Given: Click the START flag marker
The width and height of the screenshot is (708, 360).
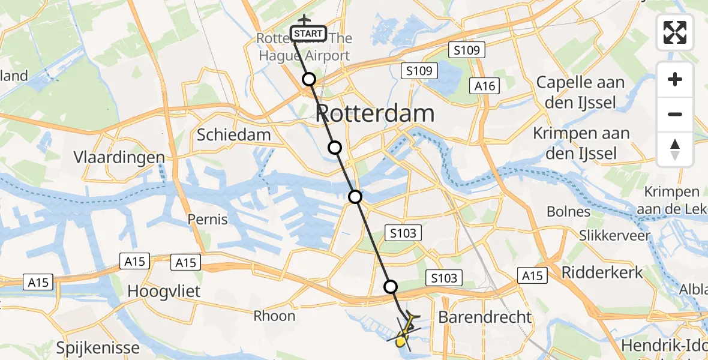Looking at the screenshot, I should pyautogui.click(x=309, y=34).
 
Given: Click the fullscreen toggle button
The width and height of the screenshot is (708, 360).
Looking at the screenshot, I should pyautogui.click(x=675, y=32).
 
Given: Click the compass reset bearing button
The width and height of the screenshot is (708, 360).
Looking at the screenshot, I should pyautogui.click(x=675, y=149).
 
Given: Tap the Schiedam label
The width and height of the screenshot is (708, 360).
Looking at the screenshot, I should pyautogui.click(x=234, y=135).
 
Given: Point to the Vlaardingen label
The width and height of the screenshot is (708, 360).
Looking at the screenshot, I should pyautogui.click(x=119, y=158).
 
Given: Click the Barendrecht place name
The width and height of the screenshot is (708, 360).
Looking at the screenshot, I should pyautogui.click(x=485, y=317).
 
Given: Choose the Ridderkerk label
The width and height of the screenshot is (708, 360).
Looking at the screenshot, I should pyautogui.click(x=602, y=273).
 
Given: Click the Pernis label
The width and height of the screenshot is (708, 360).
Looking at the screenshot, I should pyautogui.click(x=208, y=219).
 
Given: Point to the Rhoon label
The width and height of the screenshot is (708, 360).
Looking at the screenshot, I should pyautogui.click(x=274, y=316).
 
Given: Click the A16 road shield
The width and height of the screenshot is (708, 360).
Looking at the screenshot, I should pyautogui.click(x=485, y=86).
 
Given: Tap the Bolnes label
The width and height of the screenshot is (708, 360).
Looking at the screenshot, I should pyautogui.click(x=568, y=211).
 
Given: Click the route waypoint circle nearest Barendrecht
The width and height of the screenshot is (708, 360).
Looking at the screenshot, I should pyautogui.click(x=391, y=287).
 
